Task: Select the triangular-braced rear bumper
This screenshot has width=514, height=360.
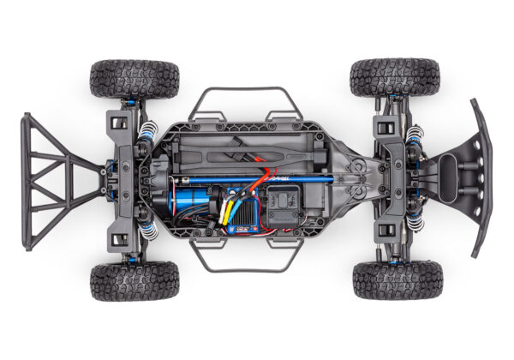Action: point(51,180)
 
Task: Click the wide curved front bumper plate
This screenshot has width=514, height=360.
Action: point(481,176)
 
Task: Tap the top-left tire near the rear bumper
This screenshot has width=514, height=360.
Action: point(134,78)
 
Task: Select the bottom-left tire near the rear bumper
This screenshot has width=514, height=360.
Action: point(134,281)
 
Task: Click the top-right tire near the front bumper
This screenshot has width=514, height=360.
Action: point(394,77)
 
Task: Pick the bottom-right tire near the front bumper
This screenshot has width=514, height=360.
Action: point(395,280)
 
